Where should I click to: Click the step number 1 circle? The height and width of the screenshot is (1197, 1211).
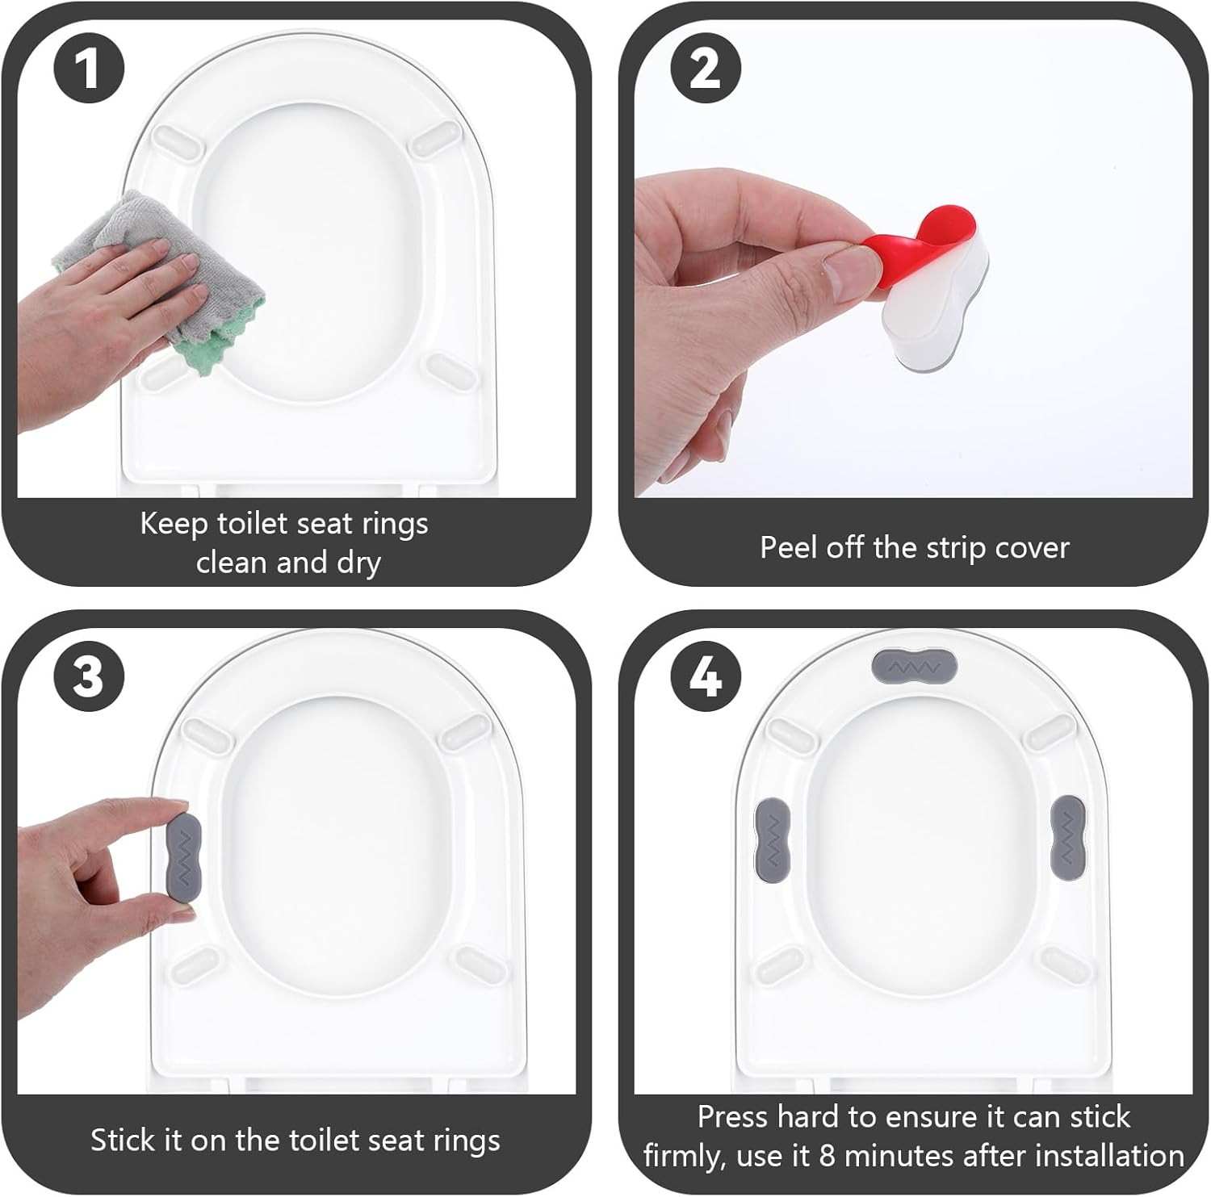tap(89, 68)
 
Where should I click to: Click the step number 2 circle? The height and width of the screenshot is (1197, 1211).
tap(706, 68)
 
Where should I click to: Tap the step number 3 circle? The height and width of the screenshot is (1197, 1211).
tap(89, 676)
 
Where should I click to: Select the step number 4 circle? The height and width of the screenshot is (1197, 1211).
tap(706, 676)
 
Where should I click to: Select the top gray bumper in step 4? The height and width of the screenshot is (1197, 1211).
tap(915, 667)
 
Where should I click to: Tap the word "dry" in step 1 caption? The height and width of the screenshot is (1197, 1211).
tap(358, 563)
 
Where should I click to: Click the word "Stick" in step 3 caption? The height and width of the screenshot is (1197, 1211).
tap(124, 1140)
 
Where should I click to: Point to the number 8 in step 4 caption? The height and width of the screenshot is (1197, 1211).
tap(827, 1157)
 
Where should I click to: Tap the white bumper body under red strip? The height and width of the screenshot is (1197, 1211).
tap(937, 323)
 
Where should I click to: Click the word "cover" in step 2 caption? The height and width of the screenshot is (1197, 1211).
tap(1032, 548)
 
